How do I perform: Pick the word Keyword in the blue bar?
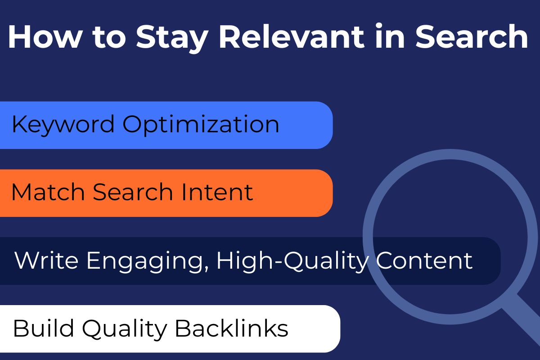(x=63, y=124)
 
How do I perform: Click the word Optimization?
(x=201, y=125)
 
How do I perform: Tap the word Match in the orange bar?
(x=48, y=192)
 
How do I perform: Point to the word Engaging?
(x=145, y=261)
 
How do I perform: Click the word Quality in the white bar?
(x=123, y=329)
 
